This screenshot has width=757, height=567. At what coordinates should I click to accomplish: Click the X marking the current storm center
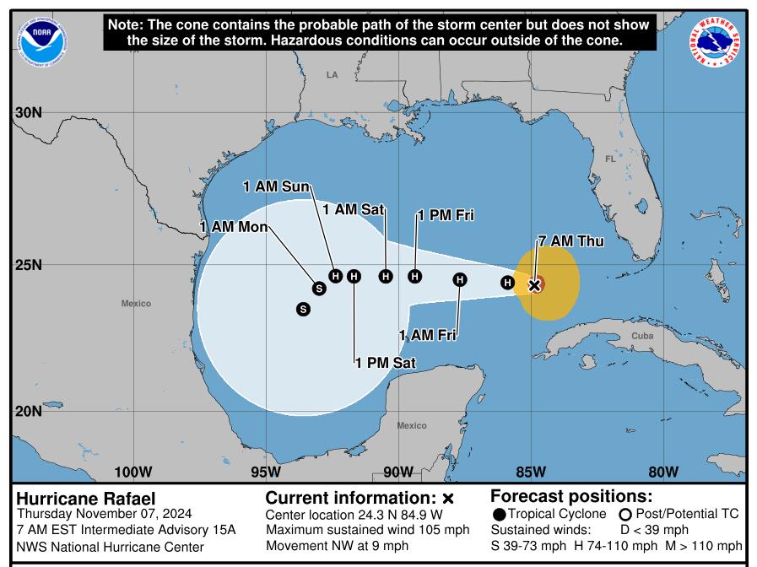pyautogui.click(x=534, y=285)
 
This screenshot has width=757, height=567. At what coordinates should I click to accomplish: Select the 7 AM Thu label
pyautogui.click(x=571, y=241)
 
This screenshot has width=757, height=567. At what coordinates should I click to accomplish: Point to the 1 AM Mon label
pyautogui.click(x=234, y=227)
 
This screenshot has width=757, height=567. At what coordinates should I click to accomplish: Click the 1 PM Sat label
pyautogui.click(x=386, y=363)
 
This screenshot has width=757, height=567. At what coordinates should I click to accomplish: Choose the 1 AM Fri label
pyautogui.click(x=428, y=336)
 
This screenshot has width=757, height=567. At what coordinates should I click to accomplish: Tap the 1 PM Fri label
pyautogui.click(x=446, y=216)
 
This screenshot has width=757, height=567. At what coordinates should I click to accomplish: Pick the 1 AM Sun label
pyautogui.click(x=276, y=186)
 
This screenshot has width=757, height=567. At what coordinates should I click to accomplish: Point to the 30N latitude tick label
pyautogui.click(x=28, y=113)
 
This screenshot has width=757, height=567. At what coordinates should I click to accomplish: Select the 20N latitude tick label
pyautogui.click(x=28, y=411)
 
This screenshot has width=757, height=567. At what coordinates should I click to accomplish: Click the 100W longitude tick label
pyautogui.click(x=132, y=471)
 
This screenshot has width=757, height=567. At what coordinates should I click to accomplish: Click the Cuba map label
pyautogui.click(x=642, y=336)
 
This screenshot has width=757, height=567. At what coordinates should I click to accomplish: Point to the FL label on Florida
pyautogui.click(x=610, y=159)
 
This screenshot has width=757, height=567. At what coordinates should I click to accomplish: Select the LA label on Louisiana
pyautogui.click(x=332, y=75)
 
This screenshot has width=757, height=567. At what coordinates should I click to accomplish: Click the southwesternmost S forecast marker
pyautogui.click(x=303, y=310)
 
